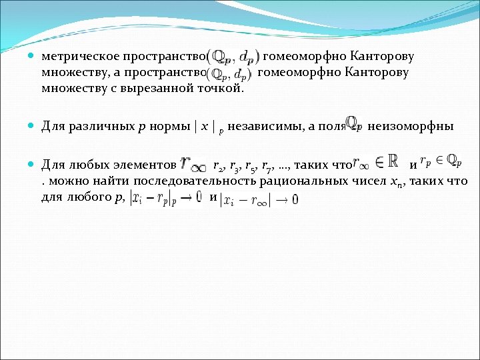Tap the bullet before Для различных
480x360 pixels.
coord(33,126)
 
